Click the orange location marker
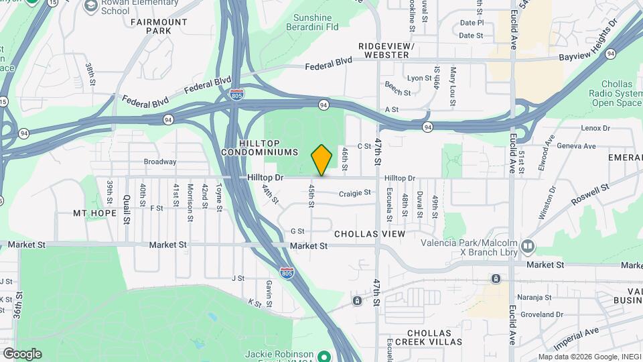click(x=321, y=160)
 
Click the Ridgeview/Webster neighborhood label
click(x=387, y=50)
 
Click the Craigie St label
click(x=355, y=193)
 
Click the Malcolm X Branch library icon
click(x=528, y=247)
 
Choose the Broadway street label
click(x=160, y=162)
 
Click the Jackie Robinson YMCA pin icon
click(x=325, y=355)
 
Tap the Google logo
click(x=22, y=353)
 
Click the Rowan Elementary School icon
click(x=90, y=6)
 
